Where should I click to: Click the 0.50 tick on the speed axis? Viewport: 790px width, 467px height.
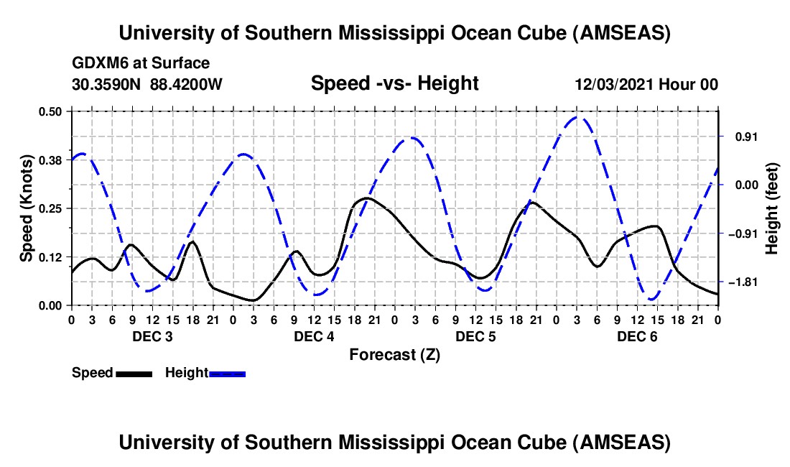pyautogui.click(x=50, y=111)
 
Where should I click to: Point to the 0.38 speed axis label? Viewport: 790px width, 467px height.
pyautogui.click(x=50, y=159)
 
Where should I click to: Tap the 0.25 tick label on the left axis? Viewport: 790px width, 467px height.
pyautogui.click(x=50, y=208)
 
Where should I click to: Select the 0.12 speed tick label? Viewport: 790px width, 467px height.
pyautogui.click(x=50, y=256)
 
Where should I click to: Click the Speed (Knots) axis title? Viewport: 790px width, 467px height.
pyautogui.click(x=27, y=208)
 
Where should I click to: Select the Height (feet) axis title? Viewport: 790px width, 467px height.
pyautogui.click(x=773, y=208)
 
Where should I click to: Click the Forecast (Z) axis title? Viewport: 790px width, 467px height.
pyautogui.click(x=394, y=354)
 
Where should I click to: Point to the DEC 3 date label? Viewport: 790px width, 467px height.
pyautogui.click(x=152, y=336)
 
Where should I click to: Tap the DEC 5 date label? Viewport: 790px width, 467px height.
pyautogui.click(x=475, y=336)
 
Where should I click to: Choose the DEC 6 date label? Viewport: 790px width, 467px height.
pyautogui.click(x=637, y=336)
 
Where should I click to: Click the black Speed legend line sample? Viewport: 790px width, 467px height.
pyautogui.click(x=134, y=373)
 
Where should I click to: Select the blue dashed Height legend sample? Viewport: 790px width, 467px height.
pyautogui.click(x=227, y=373)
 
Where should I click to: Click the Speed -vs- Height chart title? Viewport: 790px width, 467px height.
pyautogui.click(x=394, y=84)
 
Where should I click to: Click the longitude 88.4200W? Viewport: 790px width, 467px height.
pyautogui.click(x=187, y=85)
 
